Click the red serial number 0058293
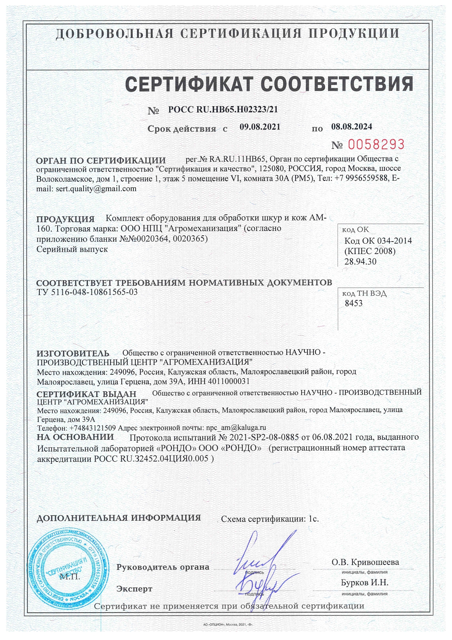376,144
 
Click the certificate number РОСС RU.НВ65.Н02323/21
223,109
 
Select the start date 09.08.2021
260,127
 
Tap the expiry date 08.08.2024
351,127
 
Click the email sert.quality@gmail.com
96,189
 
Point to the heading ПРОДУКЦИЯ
65,219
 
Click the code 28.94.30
361,262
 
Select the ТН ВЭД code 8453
354,304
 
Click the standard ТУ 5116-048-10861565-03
87,292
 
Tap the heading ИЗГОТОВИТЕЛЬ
73,353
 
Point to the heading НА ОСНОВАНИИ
75,437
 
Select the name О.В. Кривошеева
365,562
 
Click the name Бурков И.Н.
365,583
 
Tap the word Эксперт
134,589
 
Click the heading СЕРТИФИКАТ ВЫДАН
86,394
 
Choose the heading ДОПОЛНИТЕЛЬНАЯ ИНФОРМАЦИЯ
119,518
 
